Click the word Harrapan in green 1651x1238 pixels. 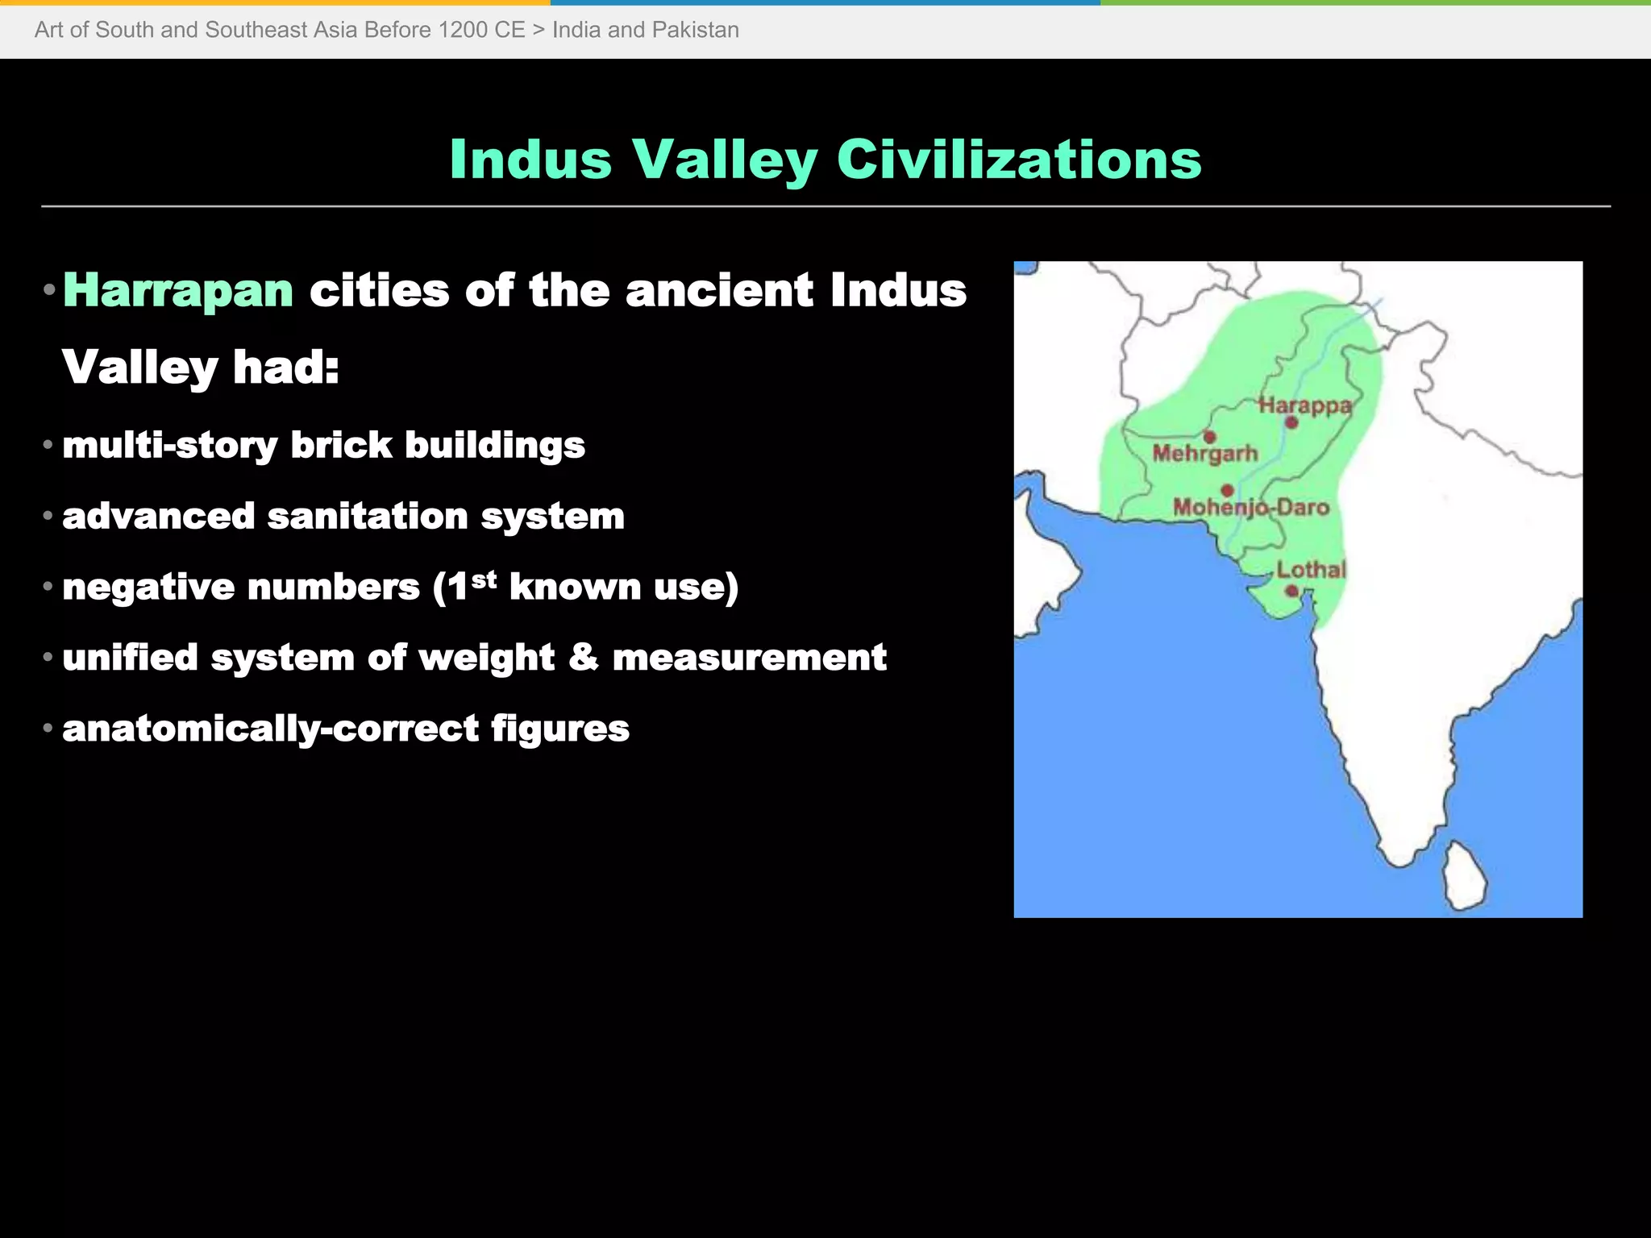[x=178, y=290]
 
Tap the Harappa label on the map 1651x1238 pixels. [x=1304, y=405]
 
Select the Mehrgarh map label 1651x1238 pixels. [x=1205, y=454]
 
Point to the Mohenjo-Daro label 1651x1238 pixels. [x=1250, y=507]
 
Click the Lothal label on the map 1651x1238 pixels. [x=1311, y=570]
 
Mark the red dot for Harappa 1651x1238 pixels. [x=1291, y=422]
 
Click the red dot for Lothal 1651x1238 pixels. [x=1291, y=591]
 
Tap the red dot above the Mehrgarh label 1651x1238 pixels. [x=1209, y=437]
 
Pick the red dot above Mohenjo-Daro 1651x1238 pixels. [x=1227, y=490]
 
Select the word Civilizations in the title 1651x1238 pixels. [x=1019, y=159]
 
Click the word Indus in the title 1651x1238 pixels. [x=530, y=159]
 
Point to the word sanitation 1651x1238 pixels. [x=368, y=517]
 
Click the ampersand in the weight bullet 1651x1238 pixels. [x=583, y=657]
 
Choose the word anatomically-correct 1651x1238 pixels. [x=270, y=729]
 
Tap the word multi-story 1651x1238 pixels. [x=169, y=446]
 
